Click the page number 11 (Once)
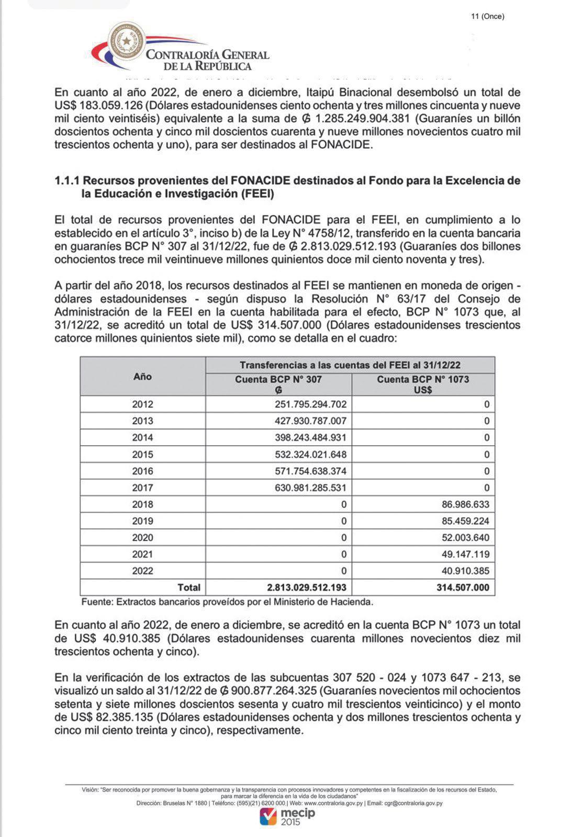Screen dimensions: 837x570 (487, 16)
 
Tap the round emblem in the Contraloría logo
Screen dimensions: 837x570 (126, 41)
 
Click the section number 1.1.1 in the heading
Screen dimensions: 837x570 (66, 181)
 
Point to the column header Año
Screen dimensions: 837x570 (142, 377)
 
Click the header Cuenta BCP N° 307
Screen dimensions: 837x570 (278, 379)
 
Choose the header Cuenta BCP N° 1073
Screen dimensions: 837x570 (422, 379)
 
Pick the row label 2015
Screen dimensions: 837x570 (142, 455)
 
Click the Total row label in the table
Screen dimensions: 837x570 (189, 587)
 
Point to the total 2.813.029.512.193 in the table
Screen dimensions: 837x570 (306, 587)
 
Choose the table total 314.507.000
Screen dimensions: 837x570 (463, 587)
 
